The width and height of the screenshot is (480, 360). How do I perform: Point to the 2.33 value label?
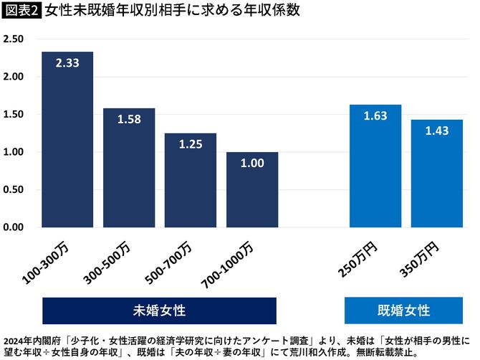coord(67,64)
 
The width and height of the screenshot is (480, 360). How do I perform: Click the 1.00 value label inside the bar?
coord(252,163)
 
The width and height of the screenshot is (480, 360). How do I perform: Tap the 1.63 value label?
coord(375,116)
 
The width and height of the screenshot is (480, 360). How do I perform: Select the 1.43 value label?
coord(437,131)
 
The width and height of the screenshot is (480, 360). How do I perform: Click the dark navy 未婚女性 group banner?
coord(159,311)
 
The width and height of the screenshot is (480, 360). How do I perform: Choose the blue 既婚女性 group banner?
coord(404,311)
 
